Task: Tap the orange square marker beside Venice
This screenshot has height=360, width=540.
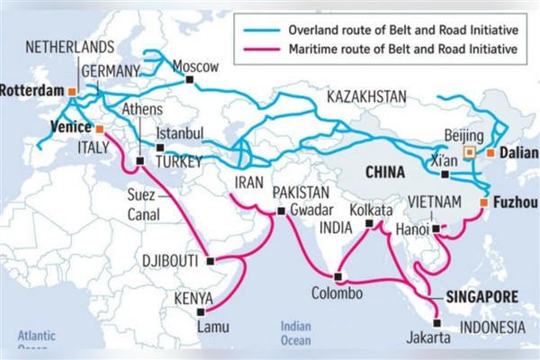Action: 98,129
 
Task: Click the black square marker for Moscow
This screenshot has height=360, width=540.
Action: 190,81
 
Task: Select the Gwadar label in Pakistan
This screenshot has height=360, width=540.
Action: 311,211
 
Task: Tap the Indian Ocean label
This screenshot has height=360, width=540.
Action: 296,333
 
